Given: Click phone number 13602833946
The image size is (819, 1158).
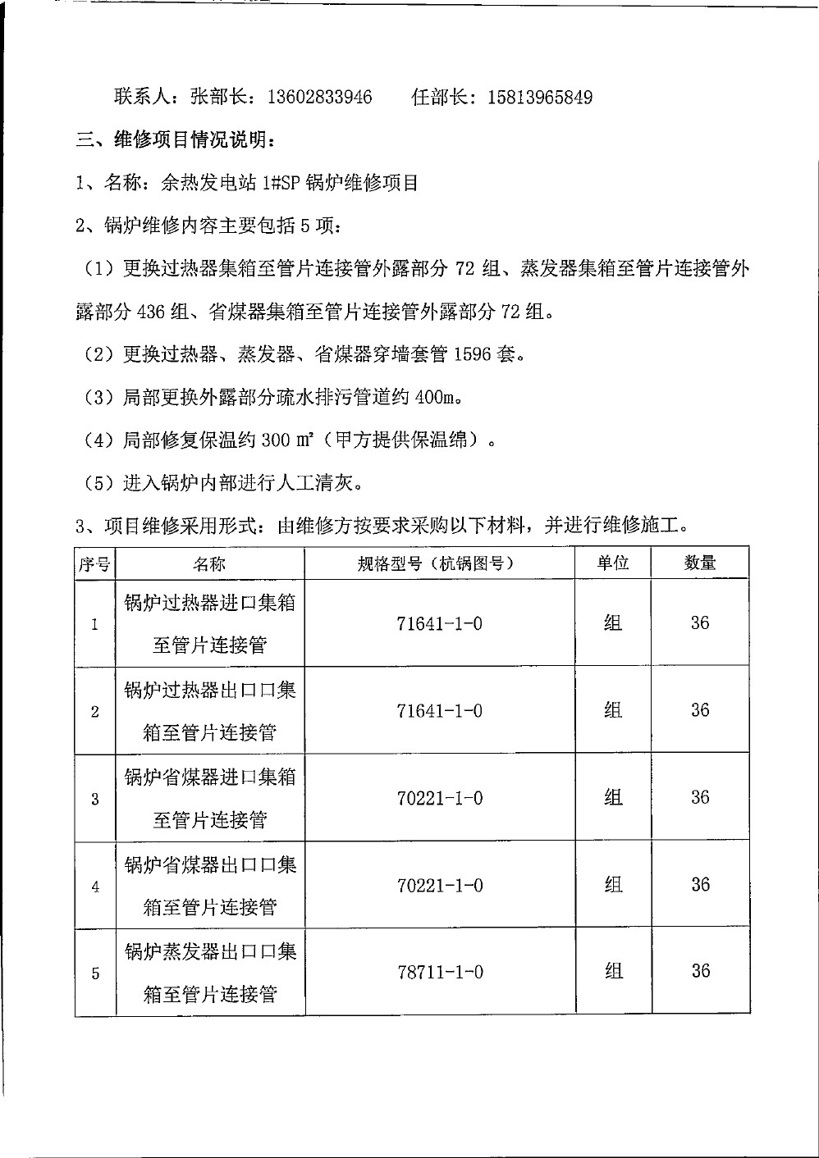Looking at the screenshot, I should (x=319, y=98).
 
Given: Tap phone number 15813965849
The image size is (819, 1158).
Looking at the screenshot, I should (x=540, y=98).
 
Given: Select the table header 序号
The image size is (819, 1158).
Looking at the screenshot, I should (x=94, y=563).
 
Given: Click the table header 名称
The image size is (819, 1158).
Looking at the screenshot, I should (x=209, y=563).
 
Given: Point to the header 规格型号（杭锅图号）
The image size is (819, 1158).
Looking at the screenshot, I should (x=439, y=563).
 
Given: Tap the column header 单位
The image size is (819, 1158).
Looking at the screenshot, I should (x=612, y=563).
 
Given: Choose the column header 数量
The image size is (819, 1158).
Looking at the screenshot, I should (x=700, y=563).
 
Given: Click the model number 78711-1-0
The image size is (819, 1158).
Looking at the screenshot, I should (x=440, y=973).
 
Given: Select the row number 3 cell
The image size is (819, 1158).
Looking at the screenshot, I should (x=95, y=799).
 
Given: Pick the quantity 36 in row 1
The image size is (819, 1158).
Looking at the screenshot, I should (x=700, y=623).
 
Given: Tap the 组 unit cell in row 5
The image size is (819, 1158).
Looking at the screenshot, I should (x=613, y=972).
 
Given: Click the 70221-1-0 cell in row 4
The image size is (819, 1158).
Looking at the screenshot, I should (x=440, y=886).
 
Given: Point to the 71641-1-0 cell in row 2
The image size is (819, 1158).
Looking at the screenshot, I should (x=440, y=711).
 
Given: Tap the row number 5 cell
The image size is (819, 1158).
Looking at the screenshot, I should (x=95, y=973).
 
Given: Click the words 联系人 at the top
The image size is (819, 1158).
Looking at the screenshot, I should (x=141, y=98).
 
